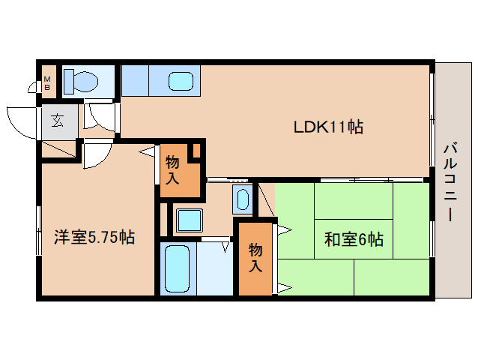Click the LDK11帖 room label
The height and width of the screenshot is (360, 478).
pos(327,127)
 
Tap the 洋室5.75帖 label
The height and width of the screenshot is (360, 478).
pos(94,238)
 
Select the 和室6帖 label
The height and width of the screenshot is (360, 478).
pos(354,239)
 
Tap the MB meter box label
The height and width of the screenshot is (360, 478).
pos(47,83)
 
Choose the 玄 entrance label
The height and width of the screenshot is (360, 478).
pos(58,119)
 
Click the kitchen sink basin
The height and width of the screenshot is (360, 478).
pos(181,80)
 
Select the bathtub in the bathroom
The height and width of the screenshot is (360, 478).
pos(177,267)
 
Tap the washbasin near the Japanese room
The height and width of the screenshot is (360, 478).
pos(243,199)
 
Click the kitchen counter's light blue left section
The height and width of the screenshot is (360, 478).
pos(135,79)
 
